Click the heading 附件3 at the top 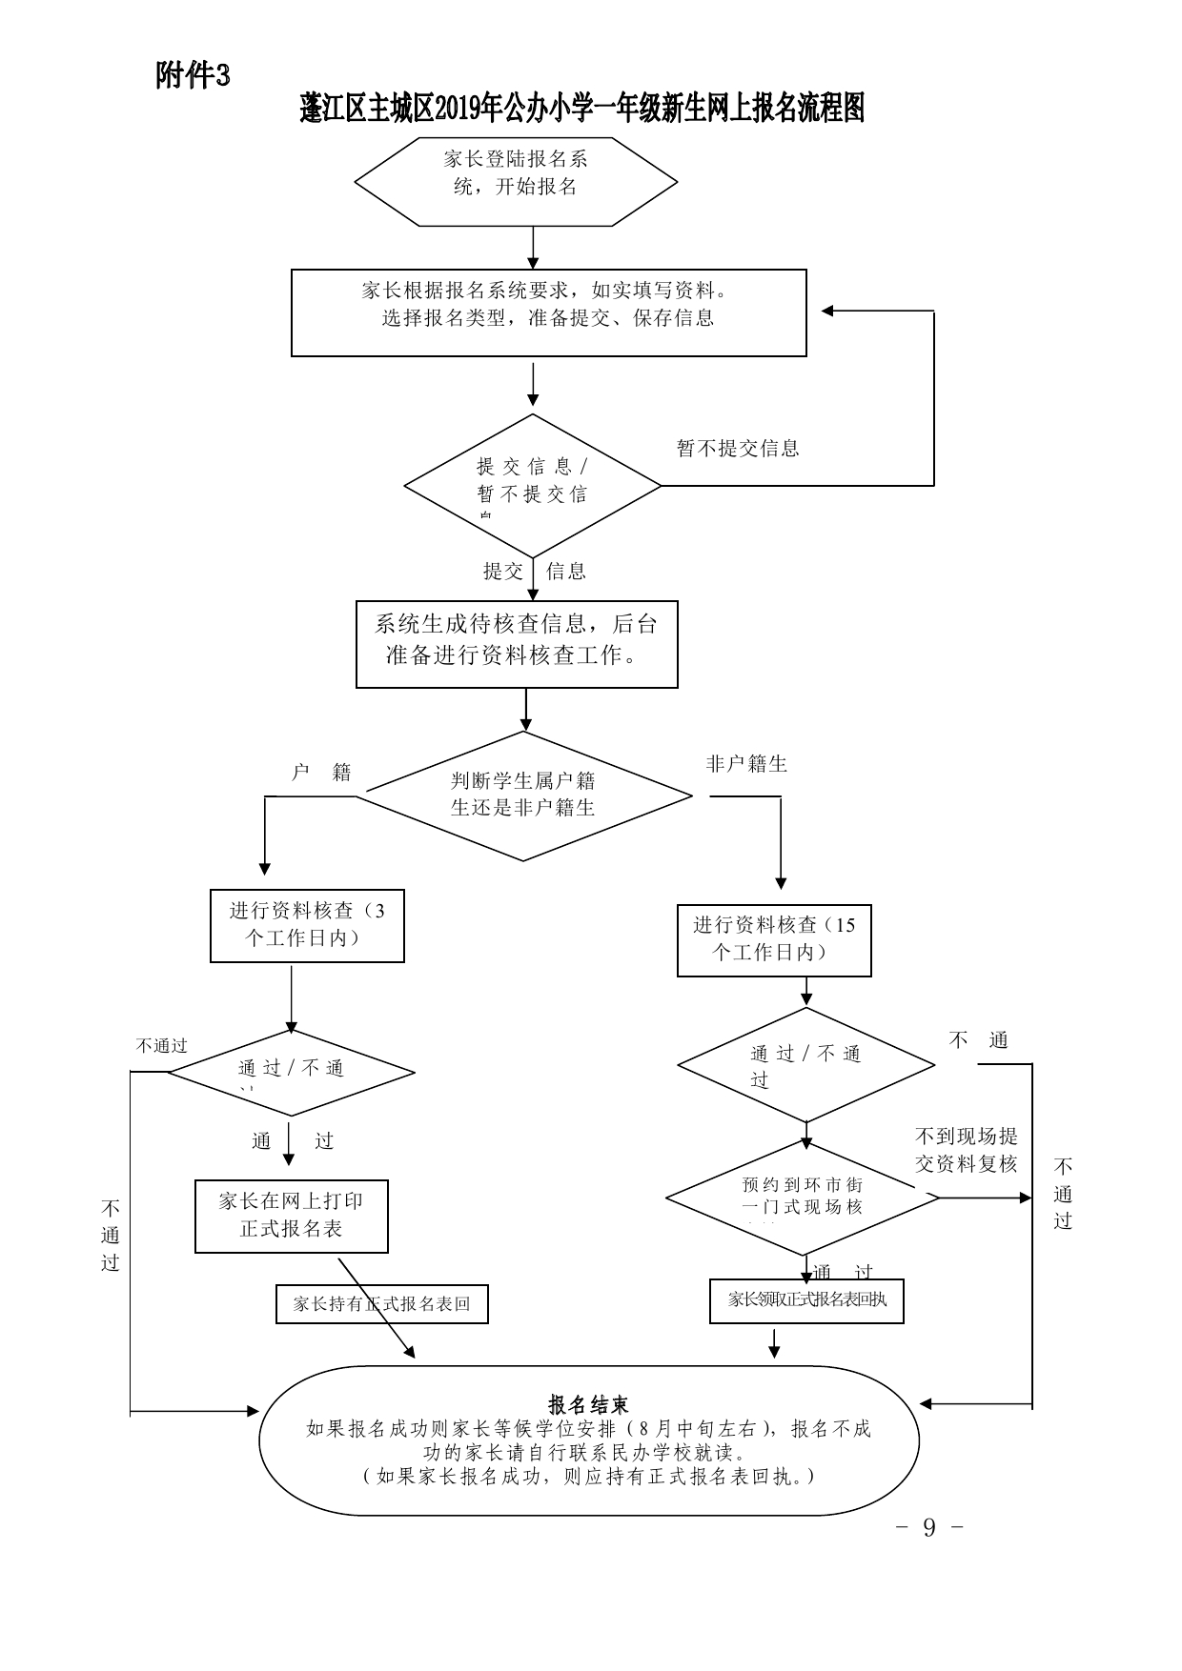tap(193, 75)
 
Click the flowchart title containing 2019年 tap(581, 109)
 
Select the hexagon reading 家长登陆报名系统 tap(516, 181)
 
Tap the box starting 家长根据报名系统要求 tap(548, 312)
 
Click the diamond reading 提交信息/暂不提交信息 tap(532, 485)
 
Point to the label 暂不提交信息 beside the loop tap(738, 448)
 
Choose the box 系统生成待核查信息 tap(517, 643)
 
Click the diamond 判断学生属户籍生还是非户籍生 tap(523, 795)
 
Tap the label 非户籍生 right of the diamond tap(746, 764)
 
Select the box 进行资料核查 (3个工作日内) tap(307, 925)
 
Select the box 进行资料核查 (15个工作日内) tap(774, 939)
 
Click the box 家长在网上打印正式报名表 tap(291, 1217)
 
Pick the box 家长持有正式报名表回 tap(381, 1303)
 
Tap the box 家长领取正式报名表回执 tap(806, 1300)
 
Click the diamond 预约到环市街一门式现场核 tap(802, 1198)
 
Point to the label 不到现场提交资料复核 tap(967, 1149)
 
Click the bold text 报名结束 tap(588, 1404)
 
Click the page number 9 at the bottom tap(929, 1528)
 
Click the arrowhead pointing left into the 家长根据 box tap(827, 311)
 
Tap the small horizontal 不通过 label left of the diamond tap(161, 1046)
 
